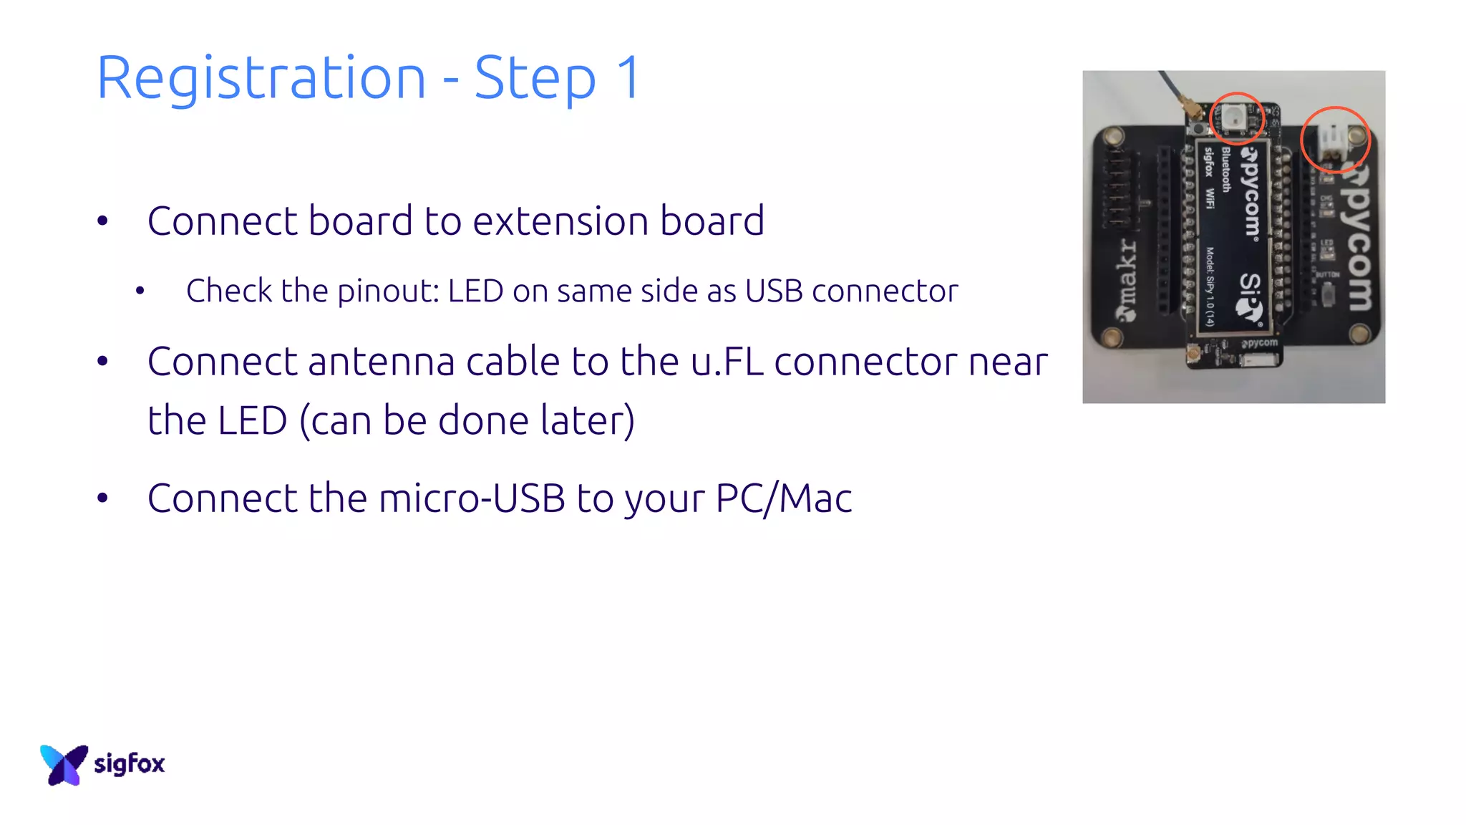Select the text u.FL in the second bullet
coord(727,361)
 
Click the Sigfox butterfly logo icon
coord(64,764)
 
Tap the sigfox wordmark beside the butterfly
coord(130,763)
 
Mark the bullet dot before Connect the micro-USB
coord(102,498)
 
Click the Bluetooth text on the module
coord(1226,170)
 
